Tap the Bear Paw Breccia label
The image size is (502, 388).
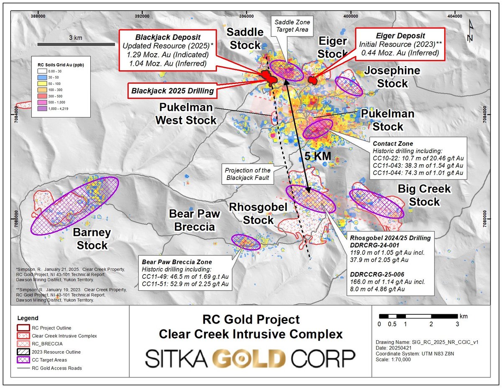[192, 221]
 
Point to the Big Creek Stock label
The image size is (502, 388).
[424, 195]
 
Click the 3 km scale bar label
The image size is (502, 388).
[76, 38]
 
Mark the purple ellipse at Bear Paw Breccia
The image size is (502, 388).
[246, 242]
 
